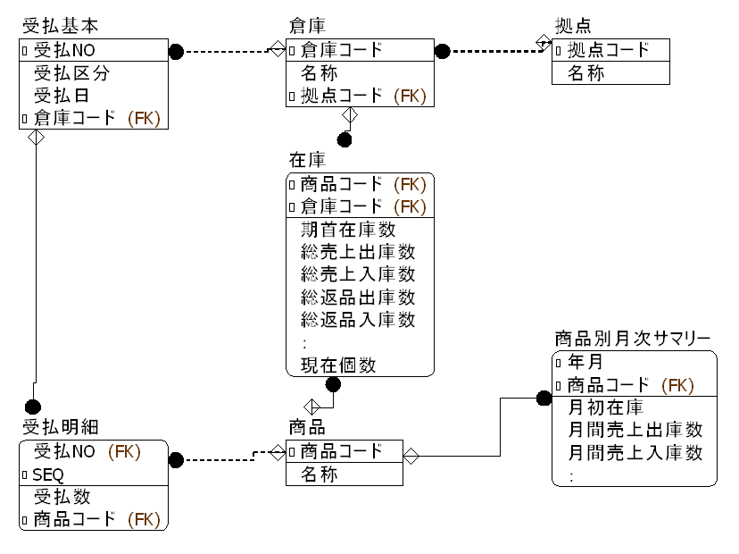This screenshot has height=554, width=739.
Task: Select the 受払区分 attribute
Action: click(72, 72)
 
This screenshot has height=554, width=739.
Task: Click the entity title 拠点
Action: click(573, 27)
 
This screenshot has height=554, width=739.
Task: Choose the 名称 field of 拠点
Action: click(586, 73)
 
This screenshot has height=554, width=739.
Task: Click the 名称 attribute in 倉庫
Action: click(320, 73)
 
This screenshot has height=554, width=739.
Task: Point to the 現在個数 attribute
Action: click(338, 365)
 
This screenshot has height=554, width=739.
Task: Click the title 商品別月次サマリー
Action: click(632, 340)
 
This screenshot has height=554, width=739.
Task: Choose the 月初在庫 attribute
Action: click(605, 408)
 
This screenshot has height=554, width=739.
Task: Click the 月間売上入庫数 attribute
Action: click(635, 453)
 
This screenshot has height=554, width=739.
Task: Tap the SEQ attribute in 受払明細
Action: click(49, 474)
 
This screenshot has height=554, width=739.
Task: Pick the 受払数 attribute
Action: click(62, 497)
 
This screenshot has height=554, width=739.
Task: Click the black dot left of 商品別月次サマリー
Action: click(544, 399)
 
